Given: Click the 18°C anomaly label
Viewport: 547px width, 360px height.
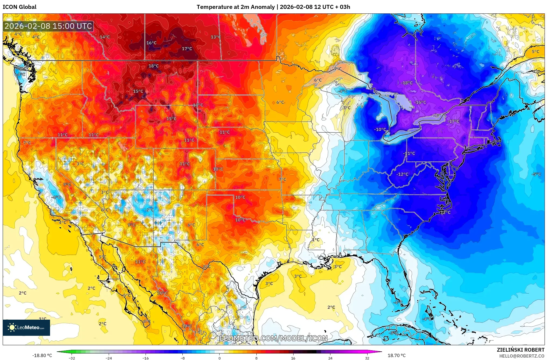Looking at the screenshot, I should (154, 66).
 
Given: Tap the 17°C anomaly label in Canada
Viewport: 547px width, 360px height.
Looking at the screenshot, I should (187, 49).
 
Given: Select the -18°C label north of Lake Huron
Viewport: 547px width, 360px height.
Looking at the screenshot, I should (407, 83).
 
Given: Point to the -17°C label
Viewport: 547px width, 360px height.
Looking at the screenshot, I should (454, 121).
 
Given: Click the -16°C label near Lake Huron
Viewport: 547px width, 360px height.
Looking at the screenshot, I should (420, 102).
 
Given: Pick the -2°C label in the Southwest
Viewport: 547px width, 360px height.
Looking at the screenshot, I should (149, 210).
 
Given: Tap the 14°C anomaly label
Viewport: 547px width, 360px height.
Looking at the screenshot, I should (105, 37).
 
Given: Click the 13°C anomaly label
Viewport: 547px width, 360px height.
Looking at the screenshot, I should (216, 37).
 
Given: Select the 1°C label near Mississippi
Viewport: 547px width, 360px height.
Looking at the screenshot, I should (316, 240).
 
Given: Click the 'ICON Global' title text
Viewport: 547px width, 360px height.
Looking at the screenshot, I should (19, 7).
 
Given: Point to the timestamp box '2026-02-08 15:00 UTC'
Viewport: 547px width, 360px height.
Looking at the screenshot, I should (48, 26).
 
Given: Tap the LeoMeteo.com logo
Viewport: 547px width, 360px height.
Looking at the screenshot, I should (26, 327).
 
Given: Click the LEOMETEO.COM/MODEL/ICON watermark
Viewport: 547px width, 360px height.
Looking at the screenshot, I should (274, 338).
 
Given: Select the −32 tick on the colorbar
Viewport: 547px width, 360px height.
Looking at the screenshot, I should (72, 358).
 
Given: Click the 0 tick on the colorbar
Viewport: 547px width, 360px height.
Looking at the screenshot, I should (219, 358).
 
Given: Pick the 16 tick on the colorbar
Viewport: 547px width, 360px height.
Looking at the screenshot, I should (293, 358).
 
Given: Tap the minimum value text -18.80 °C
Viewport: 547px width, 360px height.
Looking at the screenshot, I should (42, 355).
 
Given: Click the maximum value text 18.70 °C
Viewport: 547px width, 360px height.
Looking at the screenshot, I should (396, 355).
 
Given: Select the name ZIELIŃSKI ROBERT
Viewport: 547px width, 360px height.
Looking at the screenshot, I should (520, 350).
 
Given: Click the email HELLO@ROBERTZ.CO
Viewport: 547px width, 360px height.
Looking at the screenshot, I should (522, 356).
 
